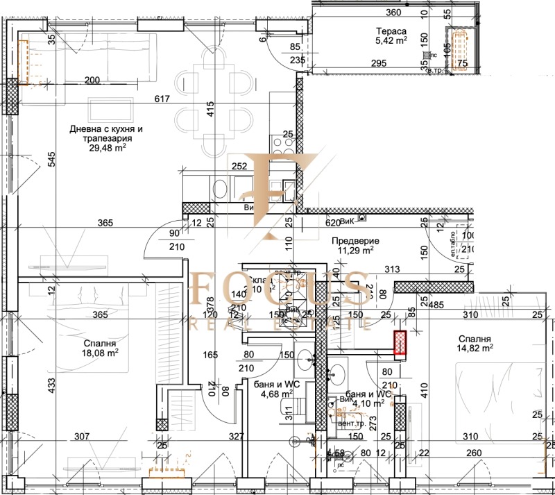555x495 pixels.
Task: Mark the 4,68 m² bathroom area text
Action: point(275,396)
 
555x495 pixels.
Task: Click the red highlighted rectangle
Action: point(400,343)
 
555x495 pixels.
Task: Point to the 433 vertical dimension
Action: point(31,385)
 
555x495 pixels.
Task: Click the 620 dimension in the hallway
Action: point(333,224)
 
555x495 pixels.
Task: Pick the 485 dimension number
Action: point(436,304)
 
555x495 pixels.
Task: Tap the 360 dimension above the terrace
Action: point(393,12)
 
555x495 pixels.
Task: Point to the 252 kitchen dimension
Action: point(239,167)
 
